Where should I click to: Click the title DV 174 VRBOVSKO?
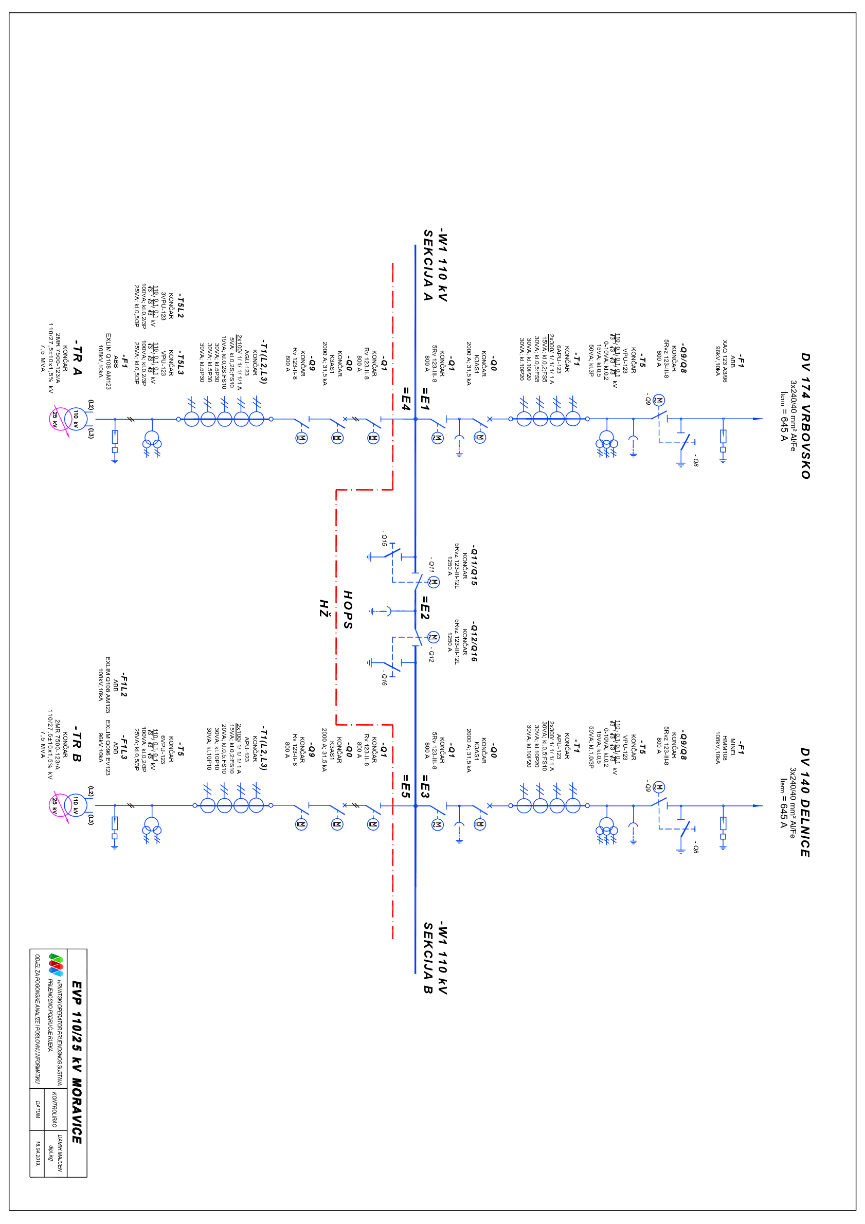(805, 416)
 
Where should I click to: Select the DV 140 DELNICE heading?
(805, 802)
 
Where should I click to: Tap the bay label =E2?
(425, 608)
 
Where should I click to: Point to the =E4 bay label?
(406, 399)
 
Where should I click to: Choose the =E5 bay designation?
(406, 786)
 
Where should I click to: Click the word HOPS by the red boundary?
(348, 610)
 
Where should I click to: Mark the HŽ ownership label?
(323, 608)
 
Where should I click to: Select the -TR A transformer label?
(77, 357)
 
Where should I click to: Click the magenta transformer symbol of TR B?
(60, 805)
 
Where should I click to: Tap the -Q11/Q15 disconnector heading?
(474, 566)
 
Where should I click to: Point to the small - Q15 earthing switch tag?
(384, 538)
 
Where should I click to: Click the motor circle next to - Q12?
(434, 637)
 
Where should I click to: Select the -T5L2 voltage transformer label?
(180, 305)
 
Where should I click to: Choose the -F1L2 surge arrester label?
(123, 685)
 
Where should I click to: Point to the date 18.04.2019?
(38, 1153)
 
